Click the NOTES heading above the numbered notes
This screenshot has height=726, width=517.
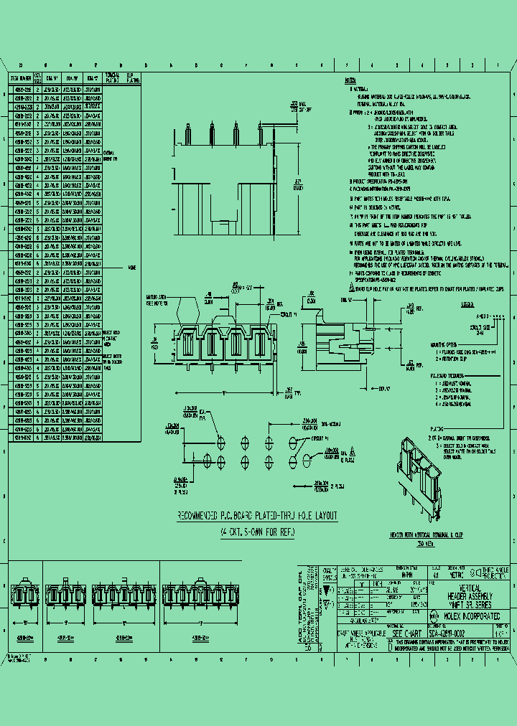(350, 80)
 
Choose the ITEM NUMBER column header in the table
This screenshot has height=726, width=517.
(20, 77)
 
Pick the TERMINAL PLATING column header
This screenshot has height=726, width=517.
(112, 77)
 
